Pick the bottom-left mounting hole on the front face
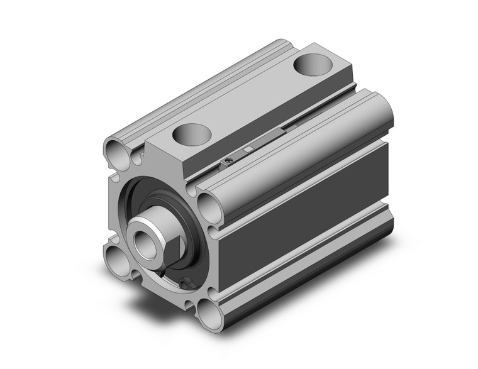[118, 258]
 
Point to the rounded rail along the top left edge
[195, 88]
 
